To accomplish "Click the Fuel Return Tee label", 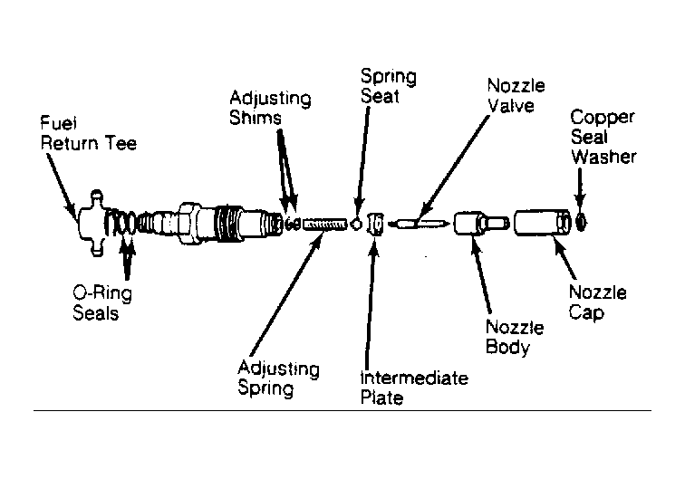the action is [88, 133].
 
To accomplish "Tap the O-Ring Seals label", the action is [102, 303].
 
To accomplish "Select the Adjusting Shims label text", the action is [270, 108].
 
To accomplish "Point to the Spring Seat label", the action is [389, 86].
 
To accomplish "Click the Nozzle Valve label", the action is [516, 96].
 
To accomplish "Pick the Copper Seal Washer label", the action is [603, 137].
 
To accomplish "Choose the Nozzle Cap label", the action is [597, 302].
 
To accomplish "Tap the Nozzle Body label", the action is [515, 337].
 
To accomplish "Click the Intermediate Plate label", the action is [414, 388].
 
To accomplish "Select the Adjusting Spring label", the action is [279, 378].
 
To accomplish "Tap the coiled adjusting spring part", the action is [324, 225].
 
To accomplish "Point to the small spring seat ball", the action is [357, 225].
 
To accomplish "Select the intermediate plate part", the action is [375, 224].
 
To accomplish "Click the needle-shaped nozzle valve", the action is [419, 224].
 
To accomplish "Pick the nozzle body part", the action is [481, 223].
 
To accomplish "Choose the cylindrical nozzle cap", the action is [543, 223].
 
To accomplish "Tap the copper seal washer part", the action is [581, 223].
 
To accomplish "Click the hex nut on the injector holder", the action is [188, 223].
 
